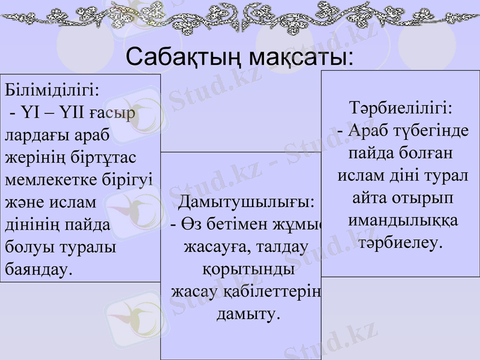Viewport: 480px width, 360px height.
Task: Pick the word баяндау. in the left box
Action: (38, 268)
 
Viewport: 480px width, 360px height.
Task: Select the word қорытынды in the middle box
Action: (248, 269)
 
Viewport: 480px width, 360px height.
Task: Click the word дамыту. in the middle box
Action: (248, 313)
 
